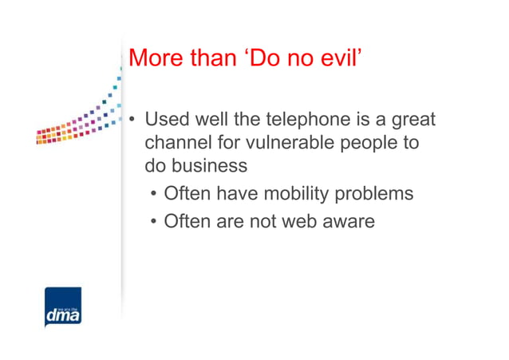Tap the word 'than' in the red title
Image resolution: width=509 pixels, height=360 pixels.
tap(215, 58)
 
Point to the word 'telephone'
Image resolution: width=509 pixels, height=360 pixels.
tap(284, 120)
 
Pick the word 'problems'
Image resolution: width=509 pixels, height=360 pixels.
tap(375, 194)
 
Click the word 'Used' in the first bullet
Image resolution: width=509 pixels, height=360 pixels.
tap(165, 120)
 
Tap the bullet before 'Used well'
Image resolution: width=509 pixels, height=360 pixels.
tap(133, 121)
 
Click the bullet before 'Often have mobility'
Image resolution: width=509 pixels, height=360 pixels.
tap(154, 194)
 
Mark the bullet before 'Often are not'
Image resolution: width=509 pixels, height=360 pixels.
tap(154, 221)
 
